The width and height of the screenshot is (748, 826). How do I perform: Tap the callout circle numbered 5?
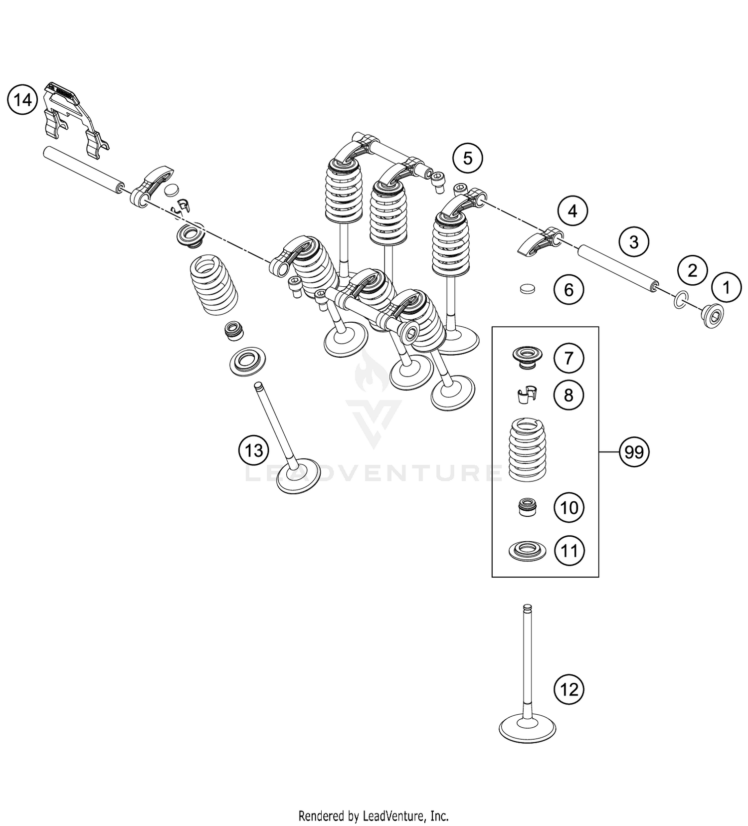(x=467, y=158)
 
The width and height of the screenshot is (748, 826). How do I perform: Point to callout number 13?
(x=253, y=450)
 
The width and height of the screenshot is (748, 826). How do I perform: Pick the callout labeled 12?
(x=569, y=689)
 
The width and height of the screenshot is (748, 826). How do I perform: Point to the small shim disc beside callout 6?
(x=527, y=289)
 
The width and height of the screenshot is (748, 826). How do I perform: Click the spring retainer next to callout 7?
(x=527, y=357)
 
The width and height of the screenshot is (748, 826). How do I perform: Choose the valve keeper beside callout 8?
(x=527, y=395)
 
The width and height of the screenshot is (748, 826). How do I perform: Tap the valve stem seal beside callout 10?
(x=527, y=507)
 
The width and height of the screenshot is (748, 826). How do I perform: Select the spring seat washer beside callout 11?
(x=527, y=551)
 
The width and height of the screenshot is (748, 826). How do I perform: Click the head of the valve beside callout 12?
(x=527, y=730)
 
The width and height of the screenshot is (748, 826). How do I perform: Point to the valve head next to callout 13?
(x=298, y=476)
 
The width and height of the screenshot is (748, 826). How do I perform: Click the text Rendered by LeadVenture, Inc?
(x=374, y=816)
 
